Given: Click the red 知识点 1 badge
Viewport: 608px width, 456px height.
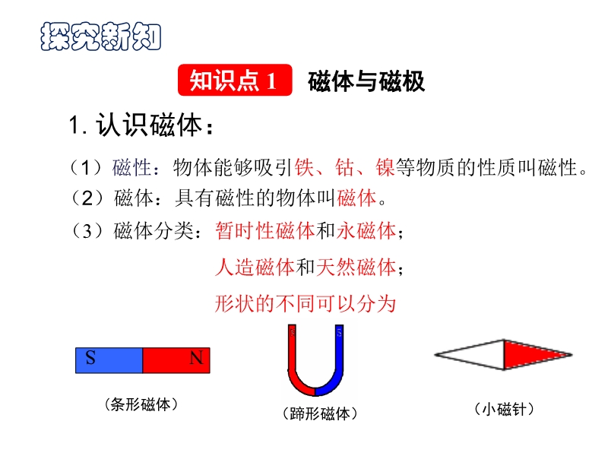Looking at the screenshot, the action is [235, 80].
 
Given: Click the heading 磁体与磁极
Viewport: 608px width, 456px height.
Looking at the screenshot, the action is [366, 81].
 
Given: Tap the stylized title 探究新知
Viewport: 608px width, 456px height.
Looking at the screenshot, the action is [101, 36].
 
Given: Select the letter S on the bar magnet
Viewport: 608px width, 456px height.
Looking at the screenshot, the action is [90, 357].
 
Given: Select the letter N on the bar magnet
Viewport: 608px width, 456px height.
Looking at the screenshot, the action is [197, 358].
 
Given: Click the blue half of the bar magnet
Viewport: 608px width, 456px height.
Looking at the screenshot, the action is [109, 360].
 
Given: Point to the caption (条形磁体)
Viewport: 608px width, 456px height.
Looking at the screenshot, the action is [141, 404].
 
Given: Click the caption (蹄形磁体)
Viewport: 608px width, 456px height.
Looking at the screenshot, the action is [320, 413].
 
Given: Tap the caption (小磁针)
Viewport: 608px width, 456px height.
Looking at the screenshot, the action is [504, 409].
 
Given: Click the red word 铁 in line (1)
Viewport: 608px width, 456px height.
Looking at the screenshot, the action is [305, 167].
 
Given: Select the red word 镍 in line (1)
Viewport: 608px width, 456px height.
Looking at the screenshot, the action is [385, 167].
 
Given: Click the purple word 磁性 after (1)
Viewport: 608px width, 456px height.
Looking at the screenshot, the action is [131, 168].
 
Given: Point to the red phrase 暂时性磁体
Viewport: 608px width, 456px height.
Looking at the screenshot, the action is [265, 231].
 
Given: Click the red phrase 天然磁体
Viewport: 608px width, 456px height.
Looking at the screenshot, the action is [356, 268].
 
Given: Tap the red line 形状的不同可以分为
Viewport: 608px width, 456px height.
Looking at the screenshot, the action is [306, 303].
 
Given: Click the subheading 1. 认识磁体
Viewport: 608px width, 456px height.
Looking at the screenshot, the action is [141, 125].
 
